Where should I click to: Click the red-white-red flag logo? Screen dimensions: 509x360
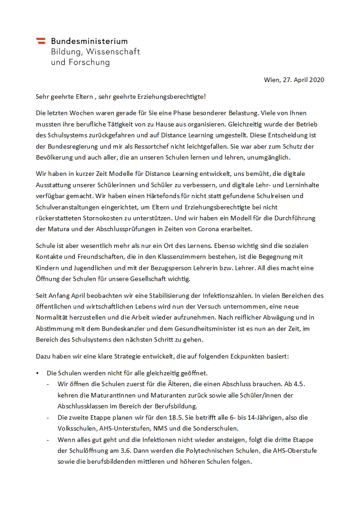(40, 41)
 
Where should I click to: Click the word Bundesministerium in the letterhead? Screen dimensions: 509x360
(89, 41)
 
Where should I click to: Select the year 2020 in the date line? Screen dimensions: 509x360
(316, 80)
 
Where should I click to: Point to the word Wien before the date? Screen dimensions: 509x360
(272, 80)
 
